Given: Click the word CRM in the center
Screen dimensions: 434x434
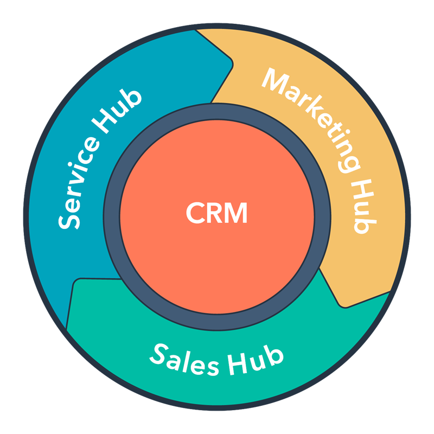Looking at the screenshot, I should tap(216, 213).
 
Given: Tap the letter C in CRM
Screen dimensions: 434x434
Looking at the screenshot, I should tap(195, 213).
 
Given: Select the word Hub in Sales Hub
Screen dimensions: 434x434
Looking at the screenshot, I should tap(260, 361).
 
